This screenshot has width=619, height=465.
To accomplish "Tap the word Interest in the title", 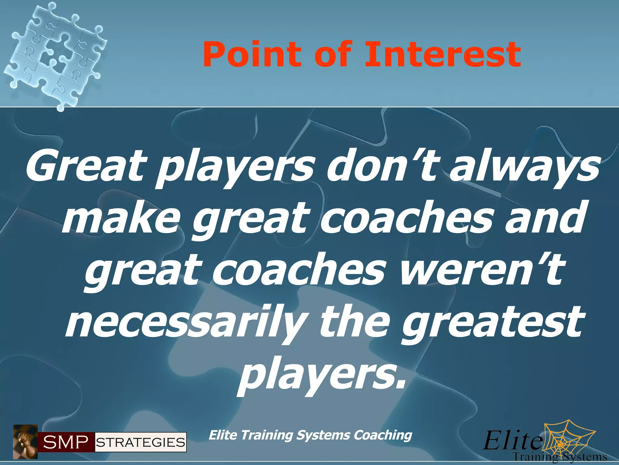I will pos(443,54).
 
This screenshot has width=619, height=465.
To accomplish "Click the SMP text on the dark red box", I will pos(66,443).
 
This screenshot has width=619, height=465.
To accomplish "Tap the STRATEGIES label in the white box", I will pos(141,443).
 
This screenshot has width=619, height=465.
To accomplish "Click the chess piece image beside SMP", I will pos(25,441).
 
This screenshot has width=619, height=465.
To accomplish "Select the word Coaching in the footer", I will pos(383,435).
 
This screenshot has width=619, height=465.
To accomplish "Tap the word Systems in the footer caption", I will pos(323,435).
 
